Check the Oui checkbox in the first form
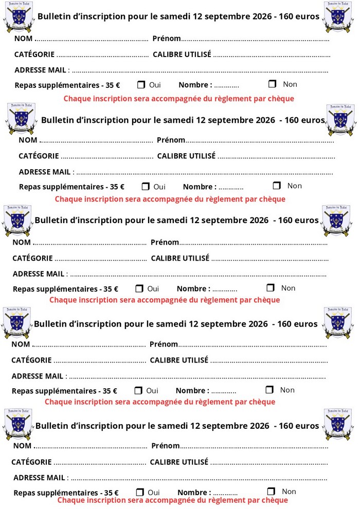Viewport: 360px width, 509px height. pyautogui.click(x=141, y=84)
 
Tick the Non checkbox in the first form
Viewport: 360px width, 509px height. pyautogui.click(x=273, y=84)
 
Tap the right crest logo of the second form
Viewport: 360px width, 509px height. pyautogui.click(x=341, y=119)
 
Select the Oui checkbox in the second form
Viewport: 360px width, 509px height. pyautogui.click(x=146, y=186)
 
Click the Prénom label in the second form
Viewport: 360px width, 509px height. pyautogui.click(x=171, y=140)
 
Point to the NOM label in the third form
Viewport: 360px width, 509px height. pyautogui.click(x=22, y=242)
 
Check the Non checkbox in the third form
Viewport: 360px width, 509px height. pyautogui.click(x=271, y=288)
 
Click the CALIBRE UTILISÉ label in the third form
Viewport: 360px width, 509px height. pyautogui.click(x=180, y=258)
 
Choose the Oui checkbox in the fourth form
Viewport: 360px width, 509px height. pyautogui.click(x=138, y=390)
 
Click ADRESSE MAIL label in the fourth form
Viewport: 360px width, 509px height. pyautogui.click(x=38, y=376)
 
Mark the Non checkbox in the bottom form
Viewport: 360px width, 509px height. pyautogui.click(x=272, y=492)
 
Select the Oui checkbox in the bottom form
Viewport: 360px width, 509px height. pyautogui.click(x=140, y=492)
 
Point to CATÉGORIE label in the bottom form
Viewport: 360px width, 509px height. pyautogui.click(x=31, y=462)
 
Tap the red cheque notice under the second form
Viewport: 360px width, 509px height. pyautogui.click(x=170, y=199)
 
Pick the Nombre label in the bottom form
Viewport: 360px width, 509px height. pyautogui.click(x=194, y=493)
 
